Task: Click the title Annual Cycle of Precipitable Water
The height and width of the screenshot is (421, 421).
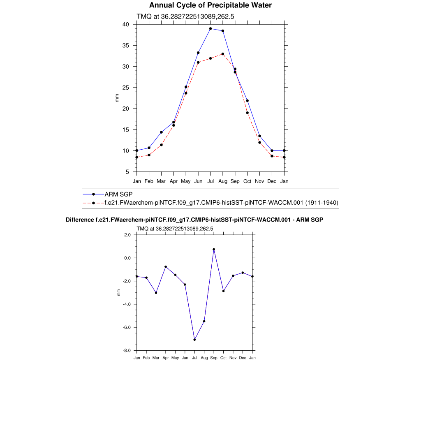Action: (x=210, y=5)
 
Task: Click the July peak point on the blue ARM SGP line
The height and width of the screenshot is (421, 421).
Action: (x=210, y=29)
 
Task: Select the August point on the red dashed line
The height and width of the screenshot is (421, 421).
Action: (x=223, y=54)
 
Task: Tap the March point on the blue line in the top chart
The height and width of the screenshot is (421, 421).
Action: (x=161, y=132)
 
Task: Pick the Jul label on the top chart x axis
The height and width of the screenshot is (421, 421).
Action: (x=210, y=181)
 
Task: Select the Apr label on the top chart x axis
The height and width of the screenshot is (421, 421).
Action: (x=173, y=181)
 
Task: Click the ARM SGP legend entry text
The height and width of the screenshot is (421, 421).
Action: (x=118, y=194)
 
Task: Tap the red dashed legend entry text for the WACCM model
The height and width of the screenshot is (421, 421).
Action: (x=221, y=203)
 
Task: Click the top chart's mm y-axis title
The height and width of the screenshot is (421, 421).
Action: (x=117, y=98)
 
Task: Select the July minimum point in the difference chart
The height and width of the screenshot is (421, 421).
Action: (x=194, y=340)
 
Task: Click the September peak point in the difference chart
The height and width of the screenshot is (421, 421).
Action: (x=214, y=250)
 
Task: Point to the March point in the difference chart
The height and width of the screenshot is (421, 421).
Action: (x=156, y=293)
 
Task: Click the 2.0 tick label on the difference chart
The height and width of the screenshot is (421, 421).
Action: (x=127, y=235)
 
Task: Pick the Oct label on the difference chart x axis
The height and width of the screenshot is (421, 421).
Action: (x=223, y=358)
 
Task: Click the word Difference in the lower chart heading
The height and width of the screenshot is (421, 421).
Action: (x=80, y=220)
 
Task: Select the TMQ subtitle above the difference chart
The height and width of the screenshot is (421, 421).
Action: (x=175, y=229)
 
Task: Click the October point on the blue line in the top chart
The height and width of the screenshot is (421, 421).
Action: (x=248, y=101)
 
